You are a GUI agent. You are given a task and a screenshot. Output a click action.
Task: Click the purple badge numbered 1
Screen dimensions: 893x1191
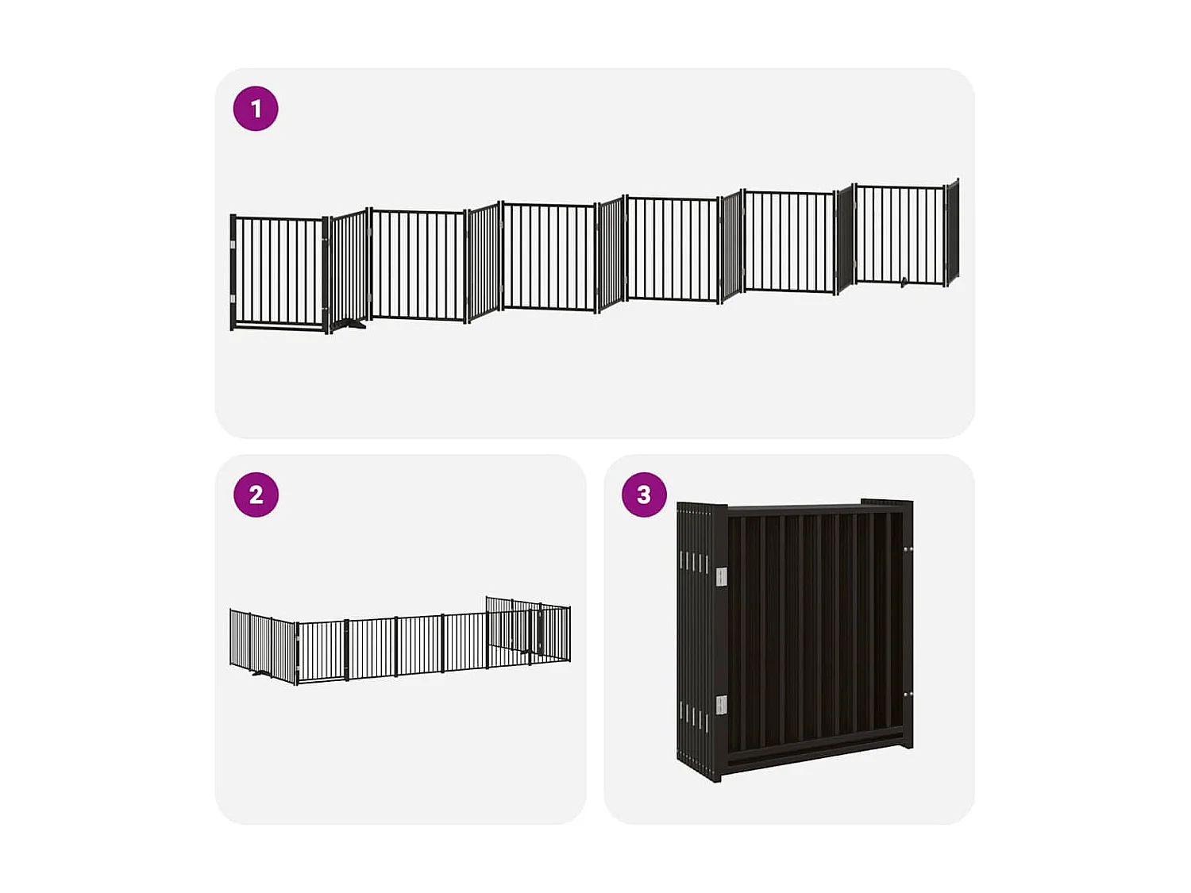click(x=256, y=109)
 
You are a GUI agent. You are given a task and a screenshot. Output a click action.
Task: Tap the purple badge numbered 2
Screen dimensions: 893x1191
click(x=256, y=495)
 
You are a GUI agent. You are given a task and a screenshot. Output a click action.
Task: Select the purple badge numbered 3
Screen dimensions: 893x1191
click(x=644, y=495)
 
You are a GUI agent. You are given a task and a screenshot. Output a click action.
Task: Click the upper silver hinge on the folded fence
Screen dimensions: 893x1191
click(x=721, y=577)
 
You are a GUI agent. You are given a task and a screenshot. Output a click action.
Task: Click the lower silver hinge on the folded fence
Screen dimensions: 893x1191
click(x=721, y=704)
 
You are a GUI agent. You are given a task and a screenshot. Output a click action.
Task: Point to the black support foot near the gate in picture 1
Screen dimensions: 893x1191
click(x=349, y=323)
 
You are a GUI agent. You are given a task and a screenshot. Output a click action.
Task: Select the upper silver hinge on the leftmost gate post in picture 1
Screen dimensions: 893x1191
click(x=233, y=245)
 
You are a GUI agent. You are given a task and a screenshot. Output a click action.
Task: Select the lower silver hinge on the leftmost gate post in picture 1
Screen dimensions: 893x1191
click(x=233, y=299)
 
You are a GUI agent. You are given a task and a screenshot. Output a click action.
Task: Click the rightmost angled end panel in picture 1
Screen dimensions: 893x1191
click(x=953, y=231)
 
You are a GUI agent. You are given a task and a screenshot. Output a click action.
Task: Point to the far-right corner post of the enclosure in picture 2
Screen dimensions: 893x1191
click(x=569, y=633)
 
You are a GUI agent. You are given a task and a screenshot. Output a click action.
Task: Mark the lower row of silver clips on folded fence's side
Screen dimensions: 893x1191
click(x=693, y=718)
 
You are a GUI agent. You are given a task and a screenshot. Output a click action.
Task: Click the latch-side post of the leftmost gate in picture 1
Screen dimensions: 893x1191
click(x=326, y=274)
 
